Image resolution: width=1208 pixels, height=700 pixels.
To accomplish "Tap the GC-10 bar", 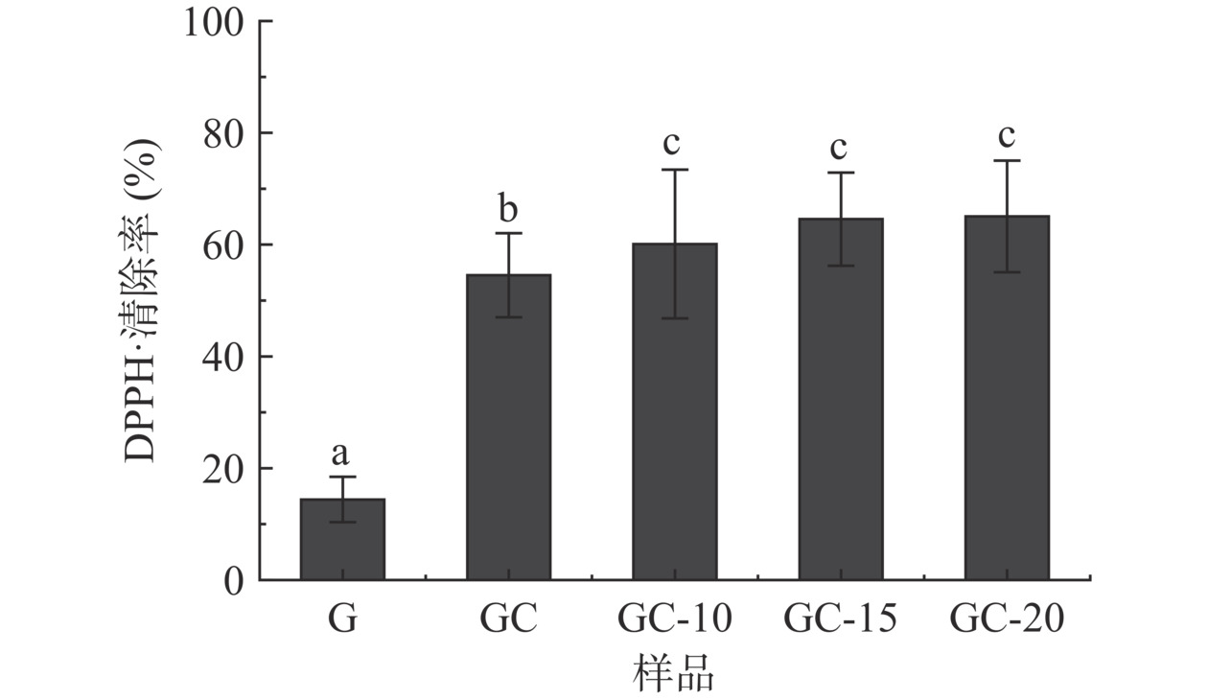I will pyautogui.click(x=674, y=412).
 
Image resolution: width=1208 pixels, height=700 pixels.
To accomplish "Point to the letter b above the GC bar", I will pyautogui.click(x=508, y=206).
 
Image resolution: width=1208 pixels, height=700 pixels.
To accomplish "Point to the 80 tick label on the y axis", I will pyautogui.click(x=224, y=133).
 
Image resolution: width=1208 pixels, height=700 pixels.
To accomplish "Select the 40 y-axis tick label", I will pyautogui.click(x=224, y=357).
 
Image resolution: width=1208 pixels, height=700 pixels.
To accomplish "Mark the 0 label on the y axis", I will pyautogui.click(x=236, y=580).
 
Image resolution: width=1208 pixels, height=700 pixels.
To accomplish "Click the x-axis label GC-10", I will pyautogui.click(x=674, y=619).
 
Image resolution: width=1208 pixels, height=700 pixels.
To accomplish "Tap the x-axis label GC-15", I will pyautogui.click(x=840, y=619).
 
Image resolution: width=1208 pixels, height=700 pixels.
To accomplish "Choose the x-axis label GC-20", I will pyautogui.click(x=1007, y=619).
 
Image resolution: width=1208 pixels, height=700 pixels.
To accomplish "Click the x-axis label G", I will pyautogui.click(x=342, y=619).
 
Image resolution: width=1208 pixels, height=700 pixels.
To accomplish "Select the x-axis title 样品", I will pyautogui.click(x=674, y=674).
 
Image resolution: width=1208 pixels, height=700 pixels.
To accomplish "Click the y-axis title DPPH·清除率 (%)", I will pyautogui.click(x=144, y=299).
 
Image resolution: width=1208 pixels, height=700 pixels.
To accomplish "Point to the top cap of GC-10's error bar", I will pyautogui.click(x=674, y=170).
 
